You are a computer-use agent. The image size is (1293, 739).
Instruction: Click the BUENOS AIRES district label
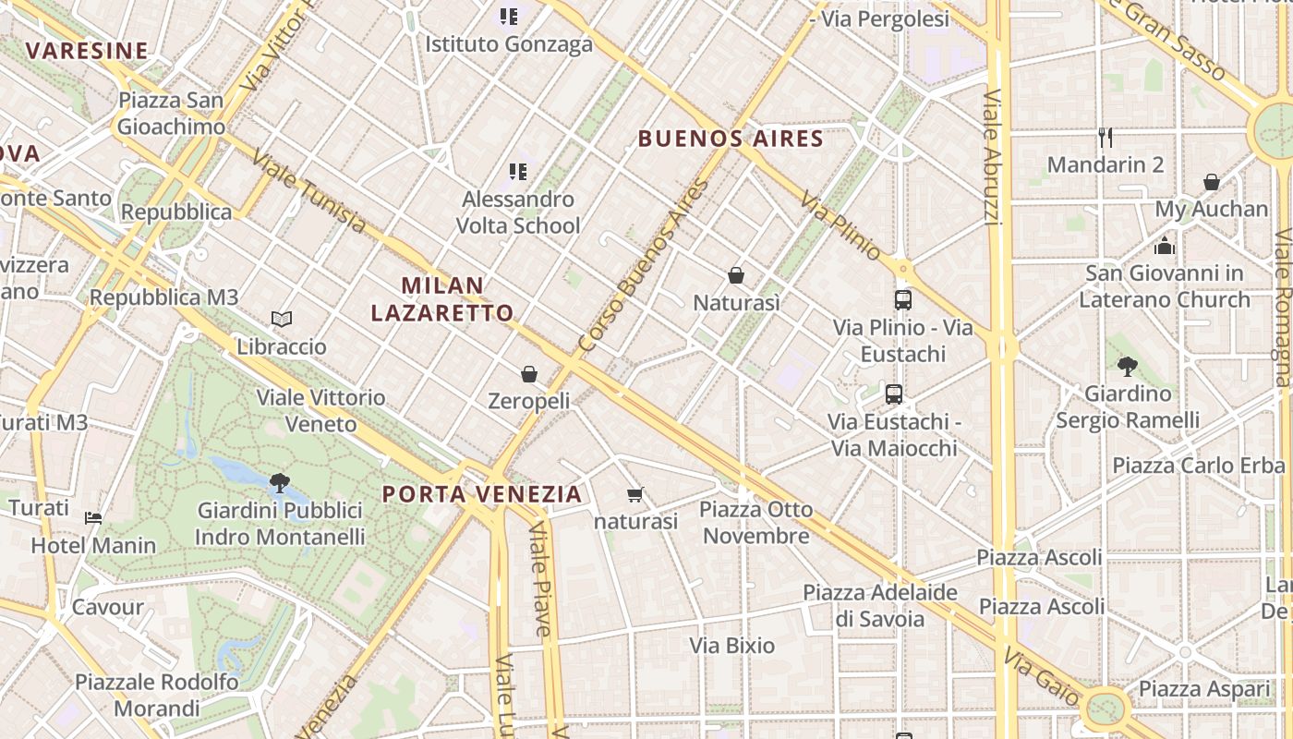pyautogui.click(x=731, y=139)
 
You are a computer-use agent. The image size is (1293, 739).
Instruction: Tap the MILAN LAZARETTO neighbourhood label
pyautogui.click(x=442, y=298)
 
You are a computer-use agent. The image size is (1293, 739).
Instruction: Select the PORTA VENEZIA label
pyautogui.click(x=482, y=494)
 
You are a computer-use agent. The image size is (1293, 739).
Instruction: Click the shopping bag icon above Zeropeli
pyautogui.click(x=529, y=374)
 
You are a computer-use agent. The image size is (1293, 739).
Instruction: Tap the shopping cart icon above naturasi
pyautogui.click(x=634, y=495)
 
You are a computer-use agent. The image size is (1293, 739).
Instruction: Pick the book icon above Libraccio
pyautogui.click(x=282, y=320)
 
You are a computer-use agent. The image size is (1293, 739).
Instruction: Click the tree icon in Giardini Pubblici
pyautogui.click(x=279, y=482)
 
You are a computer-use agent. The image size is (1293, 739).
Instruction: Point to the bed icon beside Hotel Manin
pyautogui.click(x=93, y=517)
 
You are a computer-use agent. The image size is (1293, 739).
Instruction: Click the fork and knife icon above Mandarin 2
pyautogui.click(x=1106, y=138)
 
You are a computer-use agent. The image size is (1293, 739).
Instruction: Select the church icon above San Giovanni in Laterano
pyautogui.click(x=1165, y=246)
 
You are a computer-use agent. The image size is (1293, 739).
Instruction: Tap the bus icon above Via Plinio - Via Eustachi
pyautogui.click(x=903, y=299)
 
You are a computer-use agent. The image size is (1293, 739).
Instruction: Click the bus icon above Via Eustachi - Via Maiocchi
pyautogui.click(x=893, y=394)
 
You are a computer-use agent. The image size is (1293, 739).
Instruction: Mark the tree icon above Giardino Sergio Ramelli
pyautogui.click(x=1127, y=366)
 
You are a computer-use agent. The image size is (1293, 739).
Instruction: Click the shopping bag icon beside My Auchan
pyautogui.click(x=1212, y=182)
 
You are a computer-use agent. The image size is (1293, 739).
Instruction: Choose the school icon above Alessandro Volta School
pyautogui.click(x=518, y=171)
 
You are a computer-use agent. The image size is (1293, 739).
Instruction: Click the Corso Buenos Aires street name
pyautogui.click(x=643, y=266)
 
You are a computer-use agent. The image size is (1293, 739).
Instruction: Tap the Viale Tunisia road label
pyautogui.click(x=308, y=190)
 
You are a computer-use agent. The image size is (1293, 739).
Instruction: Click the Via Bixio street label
pyautogui.click(x=732, y=646)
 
